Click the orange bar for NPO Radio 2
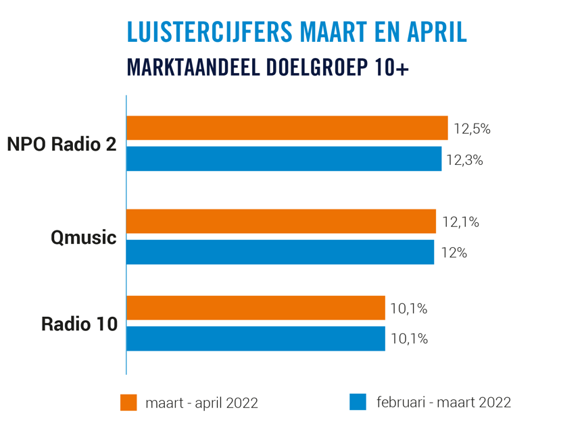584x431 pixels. [287, 128]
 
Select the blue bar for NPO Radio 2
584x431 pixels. [284, 159]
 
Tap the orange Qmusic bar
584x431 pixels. [281, 221]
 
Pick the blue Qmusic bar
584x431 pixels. [280, 252]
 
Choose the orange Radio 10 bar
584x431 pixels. [255, 307]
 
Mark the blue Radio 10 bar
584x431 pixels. [255, 338]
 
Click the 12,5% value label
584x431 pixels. [471, 128]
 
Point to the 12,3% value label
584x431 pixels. [464, 160]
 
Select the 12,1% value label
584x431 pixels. [460, 222]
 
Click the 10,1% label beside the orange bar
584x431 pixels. [409, 308]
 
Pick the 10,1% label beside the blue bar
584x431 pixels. [409, 339]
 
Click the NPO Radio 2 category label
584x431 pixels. [62, 144]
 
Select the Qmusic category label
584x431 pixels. [84, 238]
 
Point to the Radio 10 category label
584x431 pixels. [79, 324]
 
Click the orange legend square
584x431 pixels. [128, 402]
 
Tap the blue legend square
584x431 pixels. [358, 402]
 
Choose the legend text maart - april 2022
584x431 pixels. [201, 403]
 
